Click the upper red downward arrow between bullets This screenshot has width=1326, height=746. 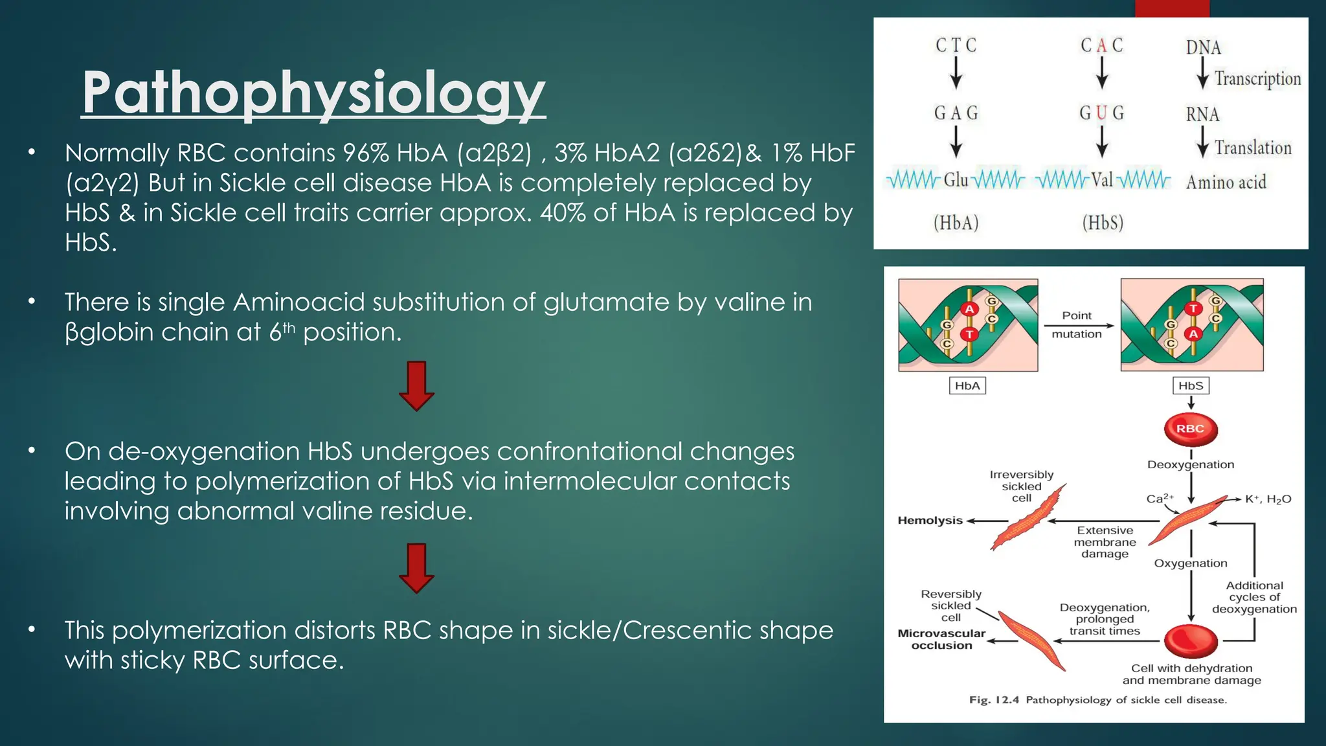click(x=416, y=386)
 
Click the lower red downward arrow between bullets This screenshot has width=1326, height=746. click(x=416, y=568)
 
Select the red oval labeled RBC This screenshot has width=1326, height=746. click(x=1190, y=429)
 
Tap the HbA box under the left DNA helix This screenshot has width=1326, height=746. click(x=967, y=386)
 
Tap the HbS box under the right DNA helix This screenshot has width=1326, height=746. click(x=1191, y=386)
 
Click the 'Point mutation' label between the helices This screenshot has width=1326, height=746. click(x=1077, y=324)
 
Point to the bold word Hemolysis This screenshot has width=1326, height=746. click(x=930, y=521)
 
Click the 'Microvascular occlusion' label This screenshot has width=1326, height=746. click(x=941, y=639)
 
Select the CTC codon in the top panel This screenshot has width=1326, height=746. click(x=956, y=45)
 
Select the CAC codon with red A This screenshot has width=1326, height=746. click(x=1101, y=45)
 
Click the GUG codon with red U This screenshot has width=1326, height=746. click(x=1101, y=113)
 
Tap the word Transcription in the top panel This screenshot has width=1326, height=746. click(x=1257, y=79)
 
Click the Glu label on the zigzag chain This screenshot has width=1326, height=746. click(x=956, y=179)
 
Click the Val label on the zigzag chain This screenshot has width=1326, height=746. click(x=1102, y=179)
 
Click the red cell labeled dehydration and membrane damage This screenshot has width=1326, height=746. click(x=1191, y=641)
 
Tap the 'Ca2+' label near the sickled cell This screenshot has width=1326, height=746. click(x=1160, y=499)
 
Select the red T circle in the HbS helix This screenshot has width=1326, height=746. click(x=1193, y=309)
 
